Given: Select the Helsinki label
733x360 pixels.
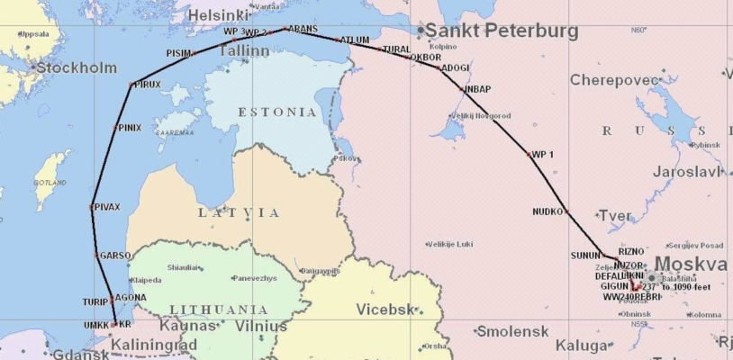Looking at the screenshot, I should point(217,14).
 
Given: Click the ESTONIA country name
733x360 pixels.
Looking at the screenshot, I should point(277,112).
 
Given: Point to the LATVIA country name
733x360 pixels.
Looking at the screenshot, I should point(240,212).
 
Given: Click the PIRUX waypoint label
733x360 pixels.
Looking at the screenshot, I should point(148,85).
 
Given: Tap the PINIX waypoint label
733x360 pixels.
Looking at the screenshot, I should point(128,128).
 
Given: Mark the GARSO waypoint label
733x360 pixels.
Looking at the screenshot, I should point(114,256).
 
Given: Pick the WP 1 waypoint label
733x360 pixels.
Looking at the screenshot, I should point(543,155).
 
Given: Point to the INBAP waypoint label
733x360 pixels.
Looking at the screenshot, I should point(477,90).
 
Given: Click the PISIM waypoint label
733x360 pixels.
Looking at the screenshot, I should point(178,53).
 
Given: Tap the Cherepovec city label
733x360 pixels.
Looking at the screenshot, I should point(615,80).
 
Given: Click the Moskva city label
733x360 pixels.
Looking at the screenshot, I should point(692,264).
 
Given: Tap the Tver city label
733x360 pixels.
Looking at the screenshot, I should point(616,216).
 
